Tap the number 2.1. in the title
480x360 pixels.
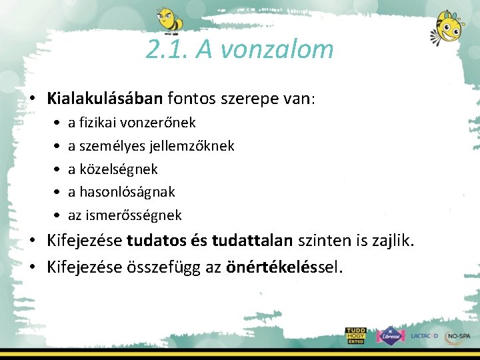167,49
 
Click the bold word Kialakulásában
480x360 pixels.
105,99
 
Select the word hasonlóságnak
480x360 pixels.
127,192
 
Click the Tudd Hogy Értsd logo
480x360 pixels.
356,335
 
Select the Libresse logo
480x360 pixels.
389,335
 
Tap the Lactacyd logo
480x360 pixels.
424,336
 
